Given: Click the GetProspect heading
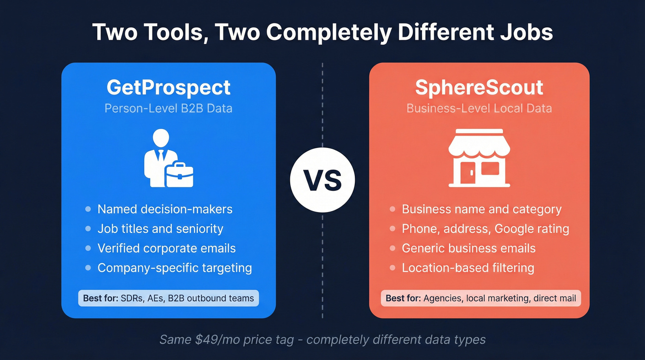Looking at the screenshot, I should coord(169,87).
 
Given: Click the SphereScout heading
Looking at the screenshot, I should coord(479,87).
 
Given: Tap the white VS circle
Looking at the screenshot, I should coord(322,180).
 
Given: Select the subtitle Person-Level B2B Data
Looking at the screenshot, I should coord(169,108).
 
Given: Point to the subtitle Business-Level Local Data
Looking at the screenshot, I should coord(479,108).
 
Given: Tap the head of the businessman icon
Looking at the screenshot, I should coord(161,138).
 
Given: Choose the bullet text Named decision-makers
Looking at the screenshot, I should coord(165,209).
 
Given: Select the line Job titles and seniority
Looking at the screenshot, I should coord(160,229).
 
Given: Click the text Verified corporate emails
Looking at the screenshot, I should coord(166,248).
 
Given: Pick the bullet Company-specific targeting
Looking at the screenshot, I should coord(175,268).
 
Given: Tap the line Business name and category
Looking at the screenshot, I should coord(481,209).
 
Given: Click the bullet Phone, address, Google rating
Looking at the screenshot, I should coord(485,229).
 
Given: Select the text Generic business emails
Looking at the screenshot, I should coord(469,248).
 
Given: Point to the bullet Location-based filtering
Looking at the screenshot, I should coord(468,268).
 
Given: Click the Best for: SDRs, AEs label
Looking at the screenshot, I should coord(169,298).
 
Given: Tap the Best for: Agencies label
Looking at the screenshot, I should coord(481,298).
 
